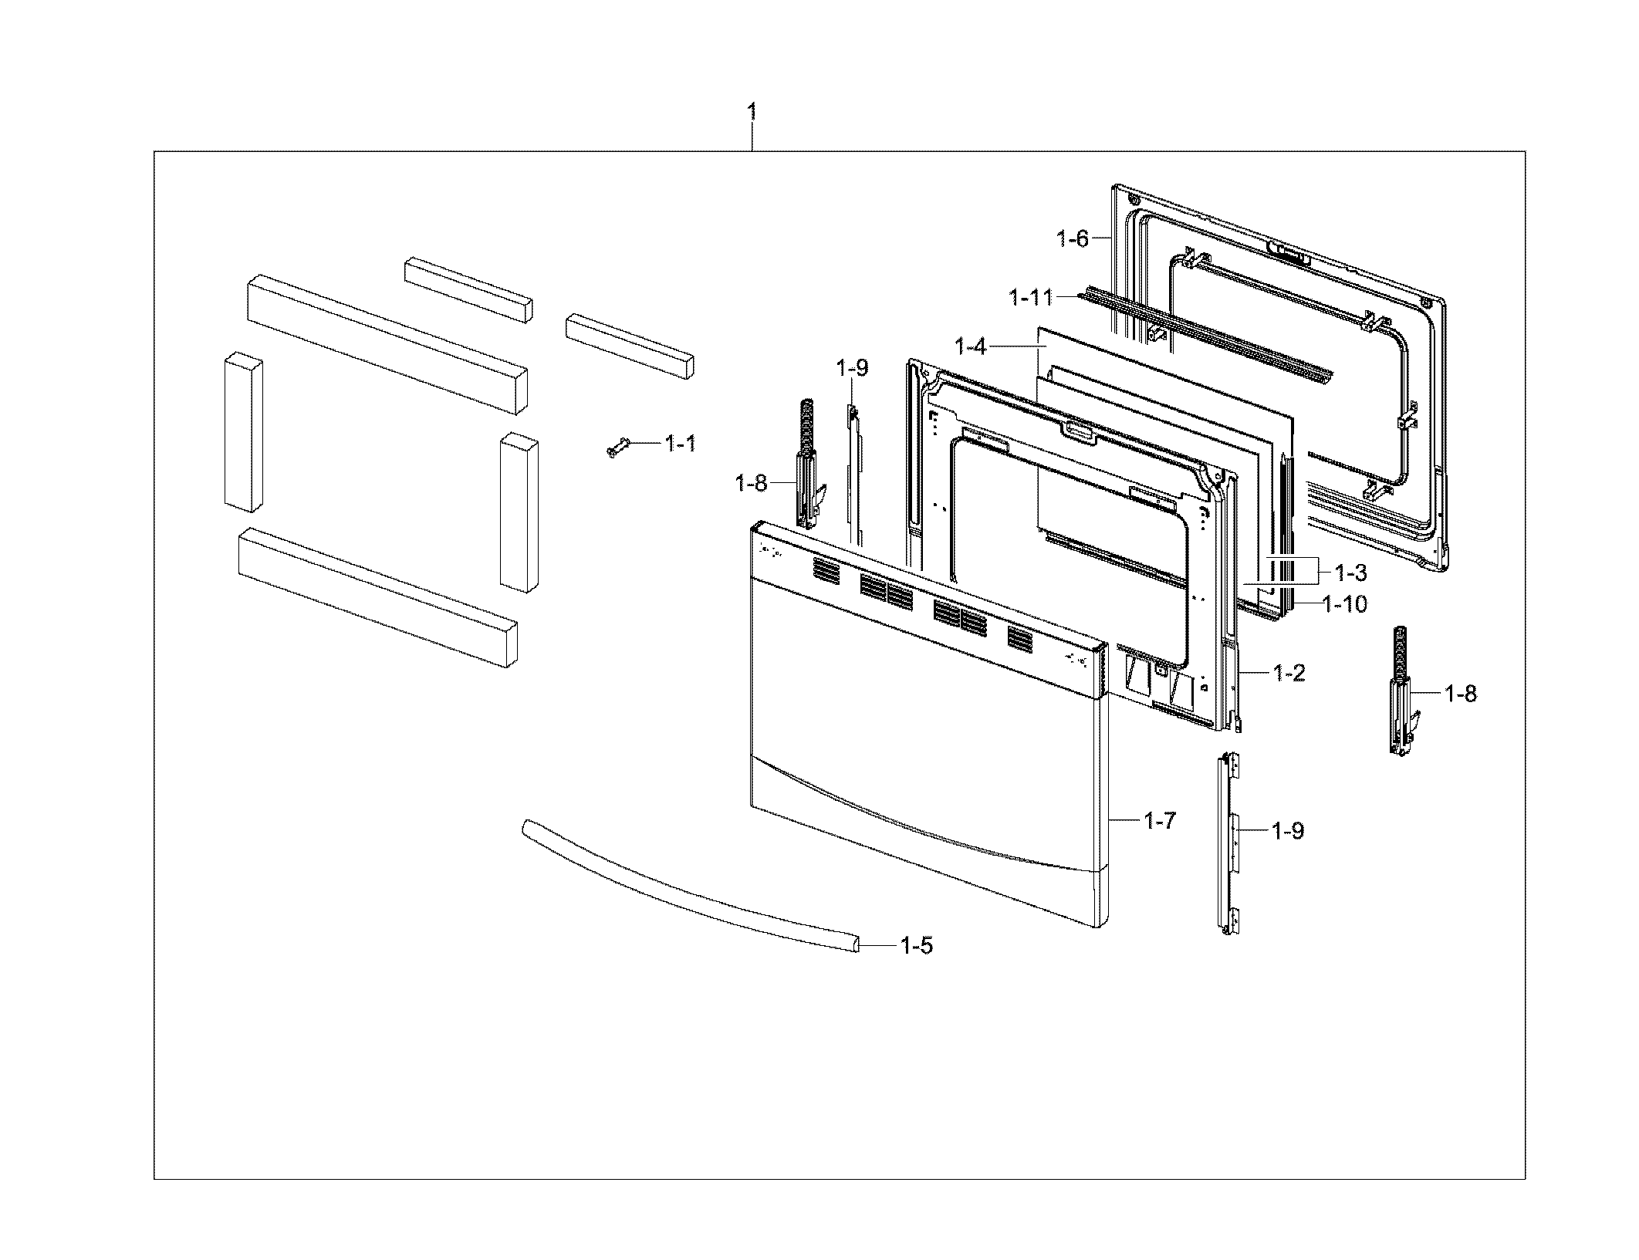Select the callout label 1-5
coord(917,945)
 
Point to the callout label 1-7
coord(1160,821)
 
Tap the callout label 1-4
coord(971,347)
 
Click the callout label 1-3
coord(1350,573)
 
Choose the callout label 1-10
coord(1345,603)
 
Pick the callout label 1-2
coord(1289,673)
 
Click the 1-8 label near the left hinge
coord(751,484)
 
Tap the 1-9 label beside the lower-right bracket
coord(1288,831)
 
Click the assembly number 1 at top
coord(752,113)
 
